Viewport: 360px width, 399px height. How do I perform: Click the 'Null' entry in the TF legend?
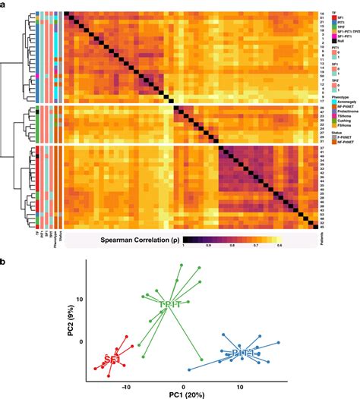pyautogui.click(x=333, y=41)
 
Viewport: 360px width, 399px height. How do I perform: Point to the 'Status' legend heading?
pyautogui.click(x=328, y=137)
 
